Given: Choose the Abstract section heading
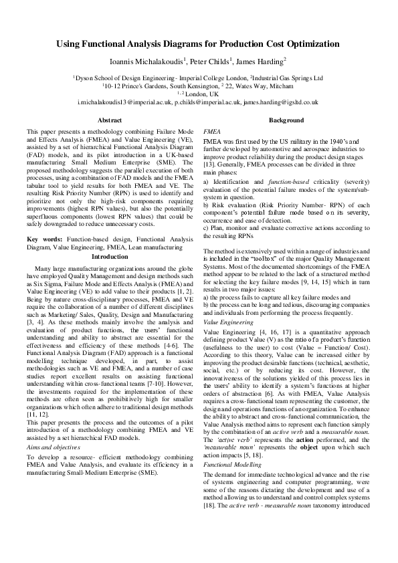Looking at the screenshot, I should click(110, 120).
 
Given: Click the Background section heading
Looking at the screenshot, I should click(286, 120).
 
